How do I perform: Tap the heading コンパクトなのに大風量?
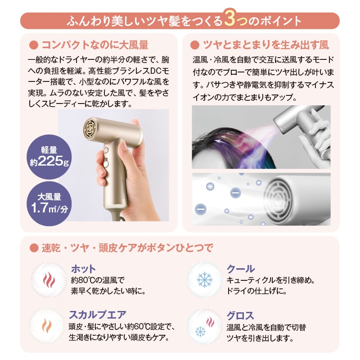click(x=95, y=45)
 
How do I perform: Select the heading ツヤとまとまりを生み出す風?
click(x=266, y=45)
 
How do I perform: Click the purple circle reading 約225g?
click(x=49, y=157)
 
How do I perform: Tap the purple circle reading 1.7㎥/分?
click(x=49, y=204)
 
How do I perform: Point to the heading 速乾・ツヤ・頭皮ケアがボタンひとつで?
click(x=127, y=248)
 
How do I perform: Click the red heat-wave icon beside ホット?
click(x=49, y=280)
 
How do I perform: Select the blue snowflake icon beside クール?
click(x=205, y=280)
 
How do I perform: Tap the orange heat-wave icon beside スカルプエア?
click(x=47, y=325)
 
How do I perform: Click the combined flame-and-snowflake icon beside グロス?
click(x=205, y=327)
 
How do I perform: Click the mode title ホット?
click(x=83, y=269)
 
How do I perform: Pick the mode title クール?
click(x=241, y=269)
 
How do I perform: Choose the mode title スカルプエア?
click(x=98, y=315)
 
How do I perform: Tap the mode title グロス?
click(x=240, y=316)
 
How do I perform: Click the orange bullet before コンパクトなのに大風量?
click(x=34, y=45)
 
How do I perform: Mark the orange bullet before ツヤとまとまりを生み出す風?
click(x=195, y=45)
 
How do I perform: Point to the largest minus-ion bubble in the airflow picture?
click(x=200, y=209)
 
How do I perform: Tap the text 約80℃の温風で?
click(x=98, y=280)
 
